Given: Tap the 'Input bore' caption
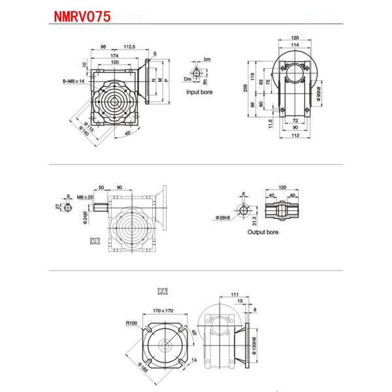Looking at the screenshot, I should (x=199, y=92).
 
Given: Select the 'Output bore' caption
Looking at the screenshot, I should (x=263, y=231).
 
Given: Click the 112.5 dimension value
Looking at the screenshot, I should (x=129, y=47).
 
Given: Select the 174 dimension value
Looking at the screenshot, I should (x=115, y=56).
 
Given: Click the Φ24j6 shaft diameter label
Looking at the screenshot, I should (x=85, y=216).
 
